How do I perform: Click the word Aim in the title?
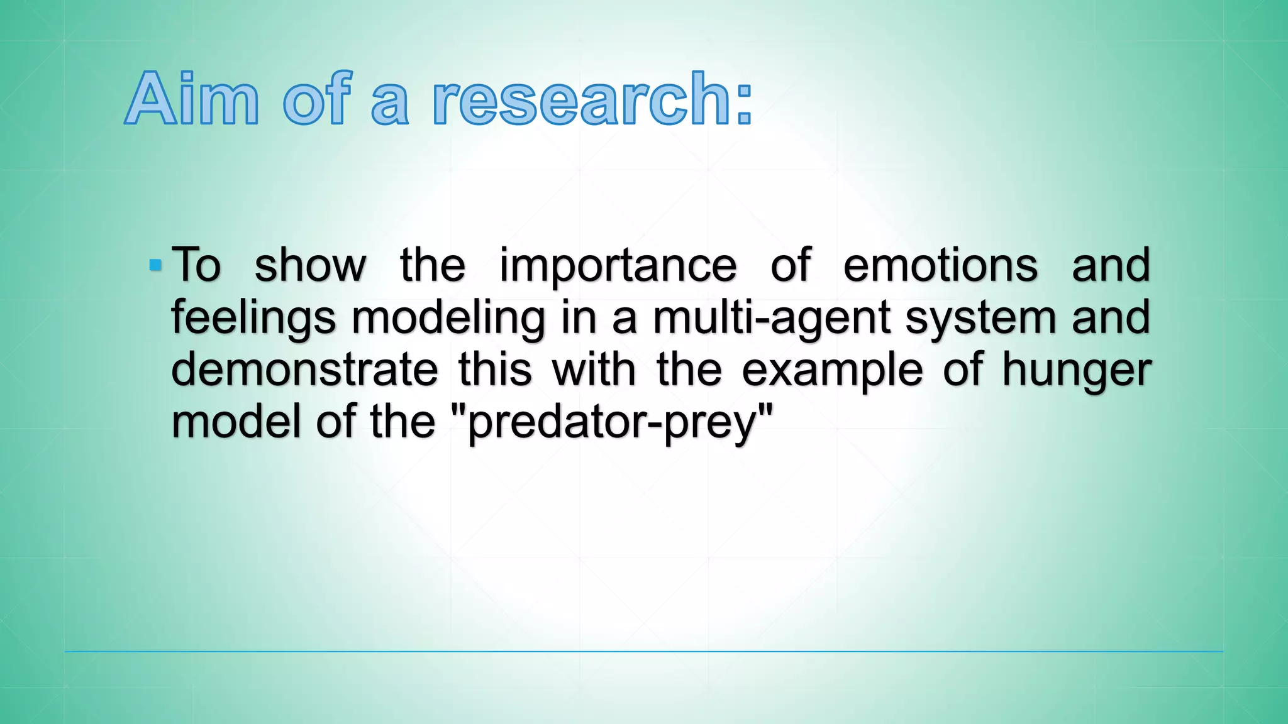click(192, 99)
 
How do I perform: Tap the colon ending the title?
click(744, 104)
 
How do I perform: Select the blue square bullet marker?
click(155, 266)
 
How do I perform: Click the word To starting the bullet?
click(196, 265)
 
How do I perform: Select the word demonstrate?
click(304, 370)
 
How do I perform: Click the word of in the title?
click(316, 99)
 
